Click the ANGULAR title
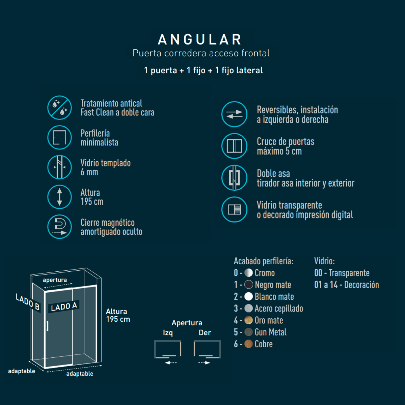coord(200,39)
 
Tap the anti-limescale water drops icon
coord(59,108)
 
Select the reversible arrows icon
coord(234,114)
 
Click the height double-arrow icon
coord(59,197)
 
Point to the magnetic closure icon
coord(59,226)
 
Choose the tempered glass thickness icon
coord(59,167)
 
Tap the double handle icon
coord(234,178)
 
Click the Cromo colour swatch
coord(248,273)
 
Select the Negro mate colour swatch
coord(248,285)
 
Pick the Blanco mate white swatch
coord(248,297)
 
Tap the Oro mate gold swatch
coord(248,320)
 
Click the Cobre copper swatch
coord(248,344)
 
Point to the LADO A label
coord(64,306)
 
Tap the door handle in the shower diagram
coord(48,326)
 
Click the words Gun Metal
coord(270,332)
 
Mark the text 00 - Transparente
coord(342,273)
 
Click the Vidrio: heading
coord(324,261)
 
